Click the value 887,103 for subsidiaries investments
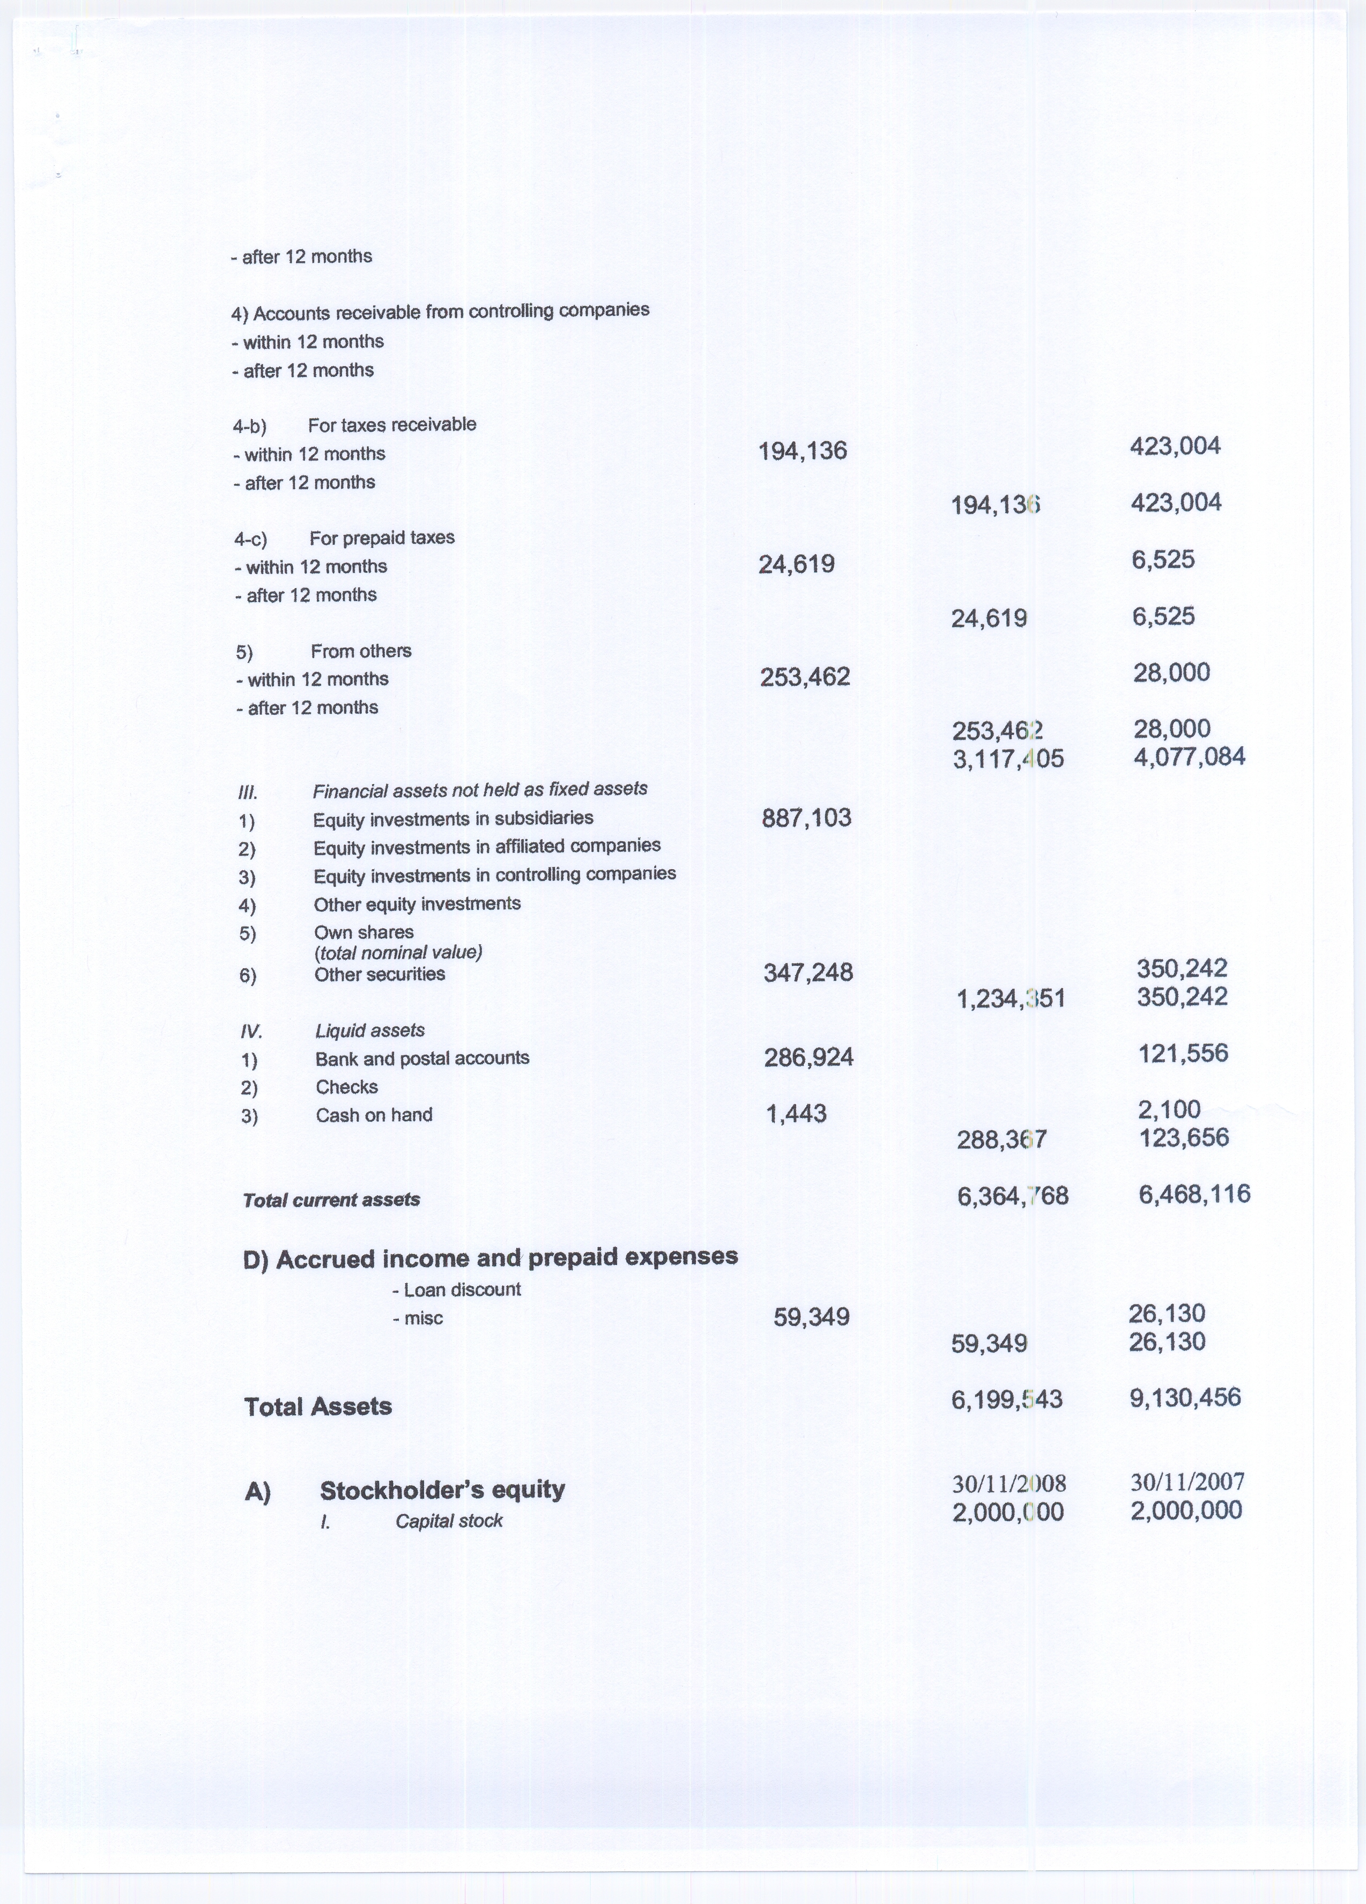(x=806, y=818)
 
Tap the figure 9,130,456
(x=1185, y=1398)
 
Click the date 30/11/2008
(x=1008, y=1484)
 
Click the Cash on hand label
(x=374, y=1115)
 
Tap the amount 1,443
(x=796, y=1114)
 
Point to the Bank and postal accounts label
(x=422, y=1058)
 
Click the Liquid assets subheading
(x=369, y=1030)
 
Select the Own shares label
(x=363, y=932)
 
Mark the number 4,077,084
(x=1189, y=757)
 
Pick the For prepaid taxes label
(x=382, y=537)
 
